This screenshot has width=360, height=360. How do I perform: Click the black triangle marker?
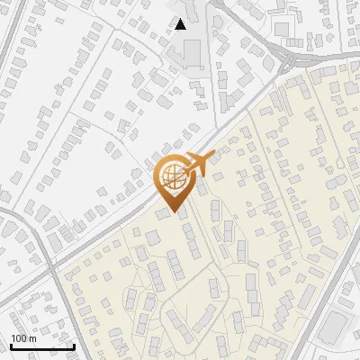point(181,24)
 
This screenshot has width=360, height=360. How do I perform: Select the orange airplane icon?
point(197,165)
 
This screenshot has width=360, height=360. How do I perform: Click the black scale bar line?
point(42,347)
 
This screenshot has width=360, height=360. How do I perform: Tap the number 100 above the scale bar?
point(20,338)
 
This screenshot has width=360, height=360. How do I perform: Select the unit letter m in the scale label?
point(32,338)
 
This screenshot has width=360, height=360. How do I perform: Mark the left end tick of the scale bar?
point(11,346)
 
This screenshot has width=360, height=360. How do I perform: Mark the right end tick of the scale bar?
point(74,346)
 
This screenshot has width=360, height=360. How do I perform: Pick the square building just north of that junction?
point(283,30)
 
